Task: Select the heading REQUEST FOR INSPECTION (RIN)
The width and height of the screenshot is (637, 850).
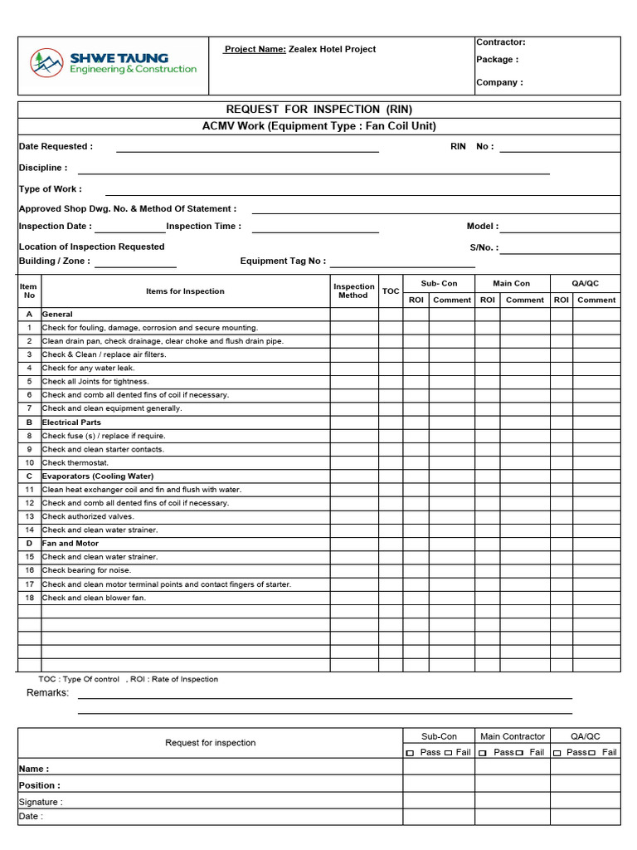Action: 318,110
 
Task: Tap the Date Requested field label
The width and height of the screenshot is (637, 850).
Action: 56,146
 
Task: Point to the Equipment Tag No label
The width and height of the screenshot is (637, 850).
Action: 283,261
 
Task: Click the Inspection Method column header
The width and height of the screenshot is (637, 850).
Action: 354,291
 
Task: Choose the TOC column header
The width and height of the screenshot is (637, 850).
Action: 391,291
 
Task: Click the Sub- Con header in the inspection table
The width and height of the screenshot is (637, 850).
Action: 439,283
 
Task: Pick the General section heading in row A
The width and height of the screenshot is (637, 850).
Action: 57,315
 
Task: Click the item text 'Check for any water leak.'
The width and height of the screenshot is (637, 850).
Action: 88,368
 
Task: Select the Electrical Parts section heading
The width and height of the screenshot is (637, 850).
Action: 71,423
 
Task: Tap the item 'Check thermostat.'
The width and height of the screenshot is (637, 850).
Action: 75,462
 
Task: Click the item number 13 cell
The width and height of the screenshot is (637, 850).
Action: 29,516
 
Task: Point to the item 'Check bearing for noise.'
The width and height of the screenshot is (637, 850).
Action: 86,570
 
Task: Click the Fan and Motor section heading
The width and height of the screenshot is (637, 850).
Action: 71,544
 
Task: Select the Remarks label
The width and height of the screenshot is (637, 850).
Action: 47,692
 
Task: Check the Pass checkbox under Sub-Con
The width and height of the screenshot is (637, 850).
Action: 410,753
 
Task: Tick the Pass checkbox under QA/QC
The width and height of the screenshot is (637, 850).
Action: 557,753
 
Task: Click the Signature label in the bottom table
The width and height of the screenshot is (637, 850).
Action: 41,802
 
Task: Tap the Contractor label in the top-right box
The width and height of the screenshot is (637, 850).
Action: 500,42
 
